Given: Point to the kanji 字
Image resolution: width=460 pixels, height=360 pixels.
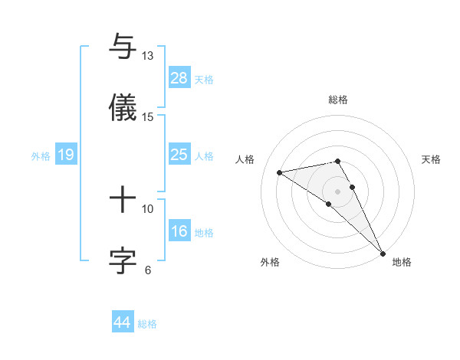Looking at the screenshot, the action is point(123,260).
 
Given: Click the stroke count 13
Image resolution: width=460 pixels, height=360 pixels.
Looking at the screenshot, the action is point(148,56).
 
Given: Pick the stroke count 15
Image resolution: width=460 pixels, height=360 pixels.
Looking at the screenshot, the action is point(148,116).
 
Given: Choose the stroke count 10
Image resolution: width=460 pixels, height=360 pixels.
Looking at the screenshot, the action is point(148,208).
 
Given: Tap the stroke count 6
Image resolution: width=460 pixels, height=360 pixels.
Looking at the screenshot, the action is point(148,269).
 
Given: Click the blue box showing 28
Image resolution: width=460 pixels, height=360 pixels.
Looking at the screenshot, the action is point(179,78).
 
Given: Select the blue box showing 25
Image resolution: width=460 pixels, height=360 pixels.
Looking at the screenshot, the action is point(179,155).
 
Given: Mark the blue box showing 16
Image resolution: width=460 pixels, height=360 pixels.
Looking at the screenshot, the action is point(179,231).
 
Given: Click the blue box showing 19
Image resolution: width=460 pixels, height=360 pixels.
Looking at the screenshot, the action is point(66,155).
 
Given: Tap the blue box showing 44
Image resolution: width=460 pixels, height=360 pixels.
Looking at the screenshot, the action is point(123,322).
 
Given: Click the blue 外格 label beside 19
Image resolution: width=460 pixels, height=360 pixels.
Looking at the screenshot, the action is point(41,155).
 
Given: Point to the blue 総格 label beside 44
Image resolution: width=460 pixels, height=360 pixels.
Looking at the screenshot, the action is point(147,324).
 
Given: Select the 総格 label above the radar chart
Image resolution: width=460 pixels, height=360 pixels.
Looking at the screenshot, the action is point(338,100).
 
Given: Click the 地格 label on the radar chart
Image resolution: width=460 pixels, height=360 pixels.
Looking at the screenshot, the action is point(402,262).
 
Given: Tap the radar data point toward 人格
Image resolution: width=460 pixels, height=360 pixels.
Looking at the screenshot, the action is point(280,172).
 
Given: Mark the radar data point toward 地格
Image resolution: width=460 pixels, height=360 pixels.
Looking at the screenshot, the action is point(383,253).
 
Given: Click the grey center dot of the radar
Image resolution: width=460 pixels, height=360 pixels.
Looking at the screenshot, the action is point(338,191).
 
